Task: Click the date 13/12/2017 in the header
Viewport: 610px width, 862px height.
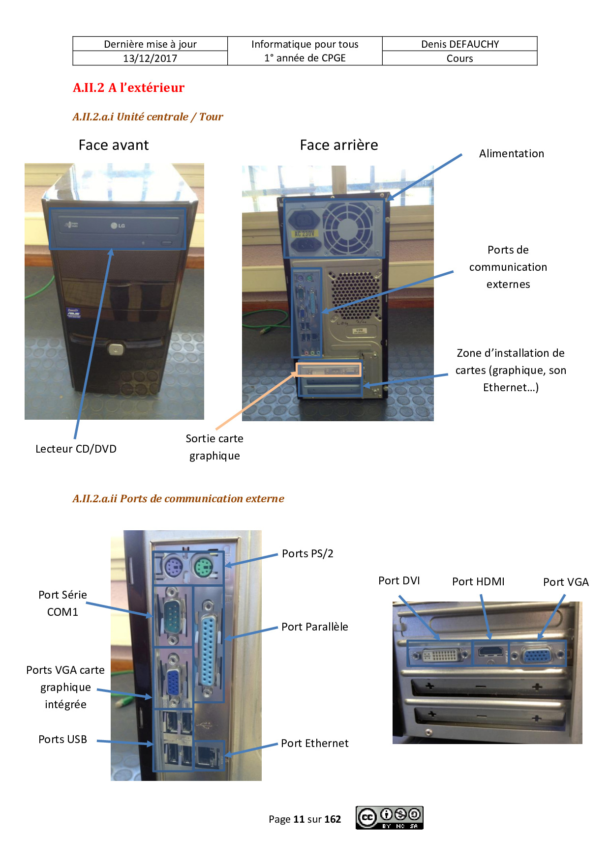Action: point(150,58)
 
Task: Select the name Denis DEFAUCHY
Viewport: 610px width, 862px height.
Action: point(460,44)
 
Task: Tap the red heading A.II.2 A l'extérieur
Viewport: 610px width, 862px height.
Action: point(128,87)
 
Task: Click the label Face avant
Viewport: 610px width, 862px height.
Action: point(114,145)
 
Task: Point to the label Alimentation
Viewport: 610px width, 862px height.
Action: point(512,153)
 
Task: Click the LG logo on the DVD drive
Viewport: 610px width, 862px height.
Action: point(118,226)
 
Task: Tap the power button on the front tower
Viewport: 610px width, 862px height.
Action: point(115,349)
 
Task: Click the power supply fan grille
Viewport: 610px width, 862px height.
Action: point(348,228)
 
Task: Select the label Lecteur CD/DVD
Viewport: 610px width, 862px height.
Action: point(76,449)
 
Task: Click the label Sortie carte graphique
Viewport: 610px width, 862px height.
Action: point(214,447)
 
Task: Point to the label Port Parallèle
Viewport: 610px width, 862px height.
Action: point(315,627)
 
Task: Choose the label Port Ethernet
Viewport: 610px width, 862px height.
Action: point(315,743)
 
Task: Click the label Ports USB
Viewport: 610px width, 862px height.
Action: point(63,739)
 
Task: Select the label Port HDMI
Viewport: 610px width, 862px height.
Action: point(479,581)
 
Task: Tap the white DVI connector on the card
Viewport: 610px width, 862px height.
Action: point(441,655)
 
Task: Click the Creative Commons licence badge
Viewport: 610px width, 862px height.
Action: point(390,818)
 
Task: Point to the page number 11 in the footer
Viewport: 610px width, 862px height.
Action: point(299,819)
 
